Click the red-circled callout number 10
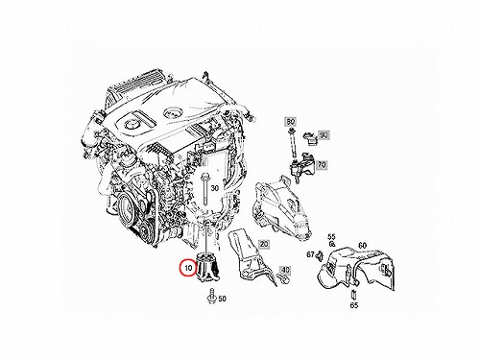188,267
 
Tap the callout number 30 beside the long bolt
215,188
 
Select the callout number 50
222,299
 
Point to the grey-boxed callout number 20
264,245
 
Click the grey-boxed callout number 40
285,271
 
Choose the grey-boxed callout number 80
291,122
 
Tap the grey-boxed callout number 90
324,135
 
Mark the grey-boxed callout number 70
322,165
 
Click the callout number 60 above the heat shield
362,246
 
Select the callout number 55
331,237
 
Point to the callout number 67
310,254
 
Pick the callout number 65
354,305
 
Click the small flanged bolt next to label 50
211,297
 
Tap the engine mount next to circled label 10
207,267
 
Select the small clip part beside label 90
310,137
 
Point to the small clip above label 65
353,294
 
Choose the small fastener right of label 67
319,255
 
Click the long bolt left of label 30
204,190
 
